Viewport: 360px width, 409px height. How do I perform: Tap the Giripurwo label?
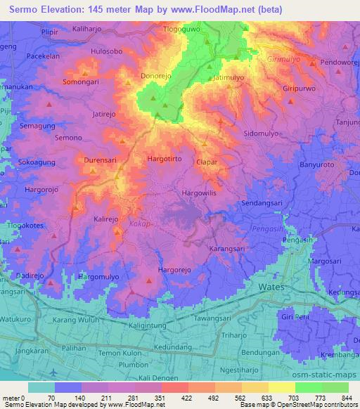click(302, 91)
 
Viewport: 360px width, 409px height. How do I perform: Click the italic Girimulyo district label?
click(286, 60)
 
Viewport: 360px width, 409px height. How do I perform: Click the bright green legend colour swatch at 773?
click(308, 387)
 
